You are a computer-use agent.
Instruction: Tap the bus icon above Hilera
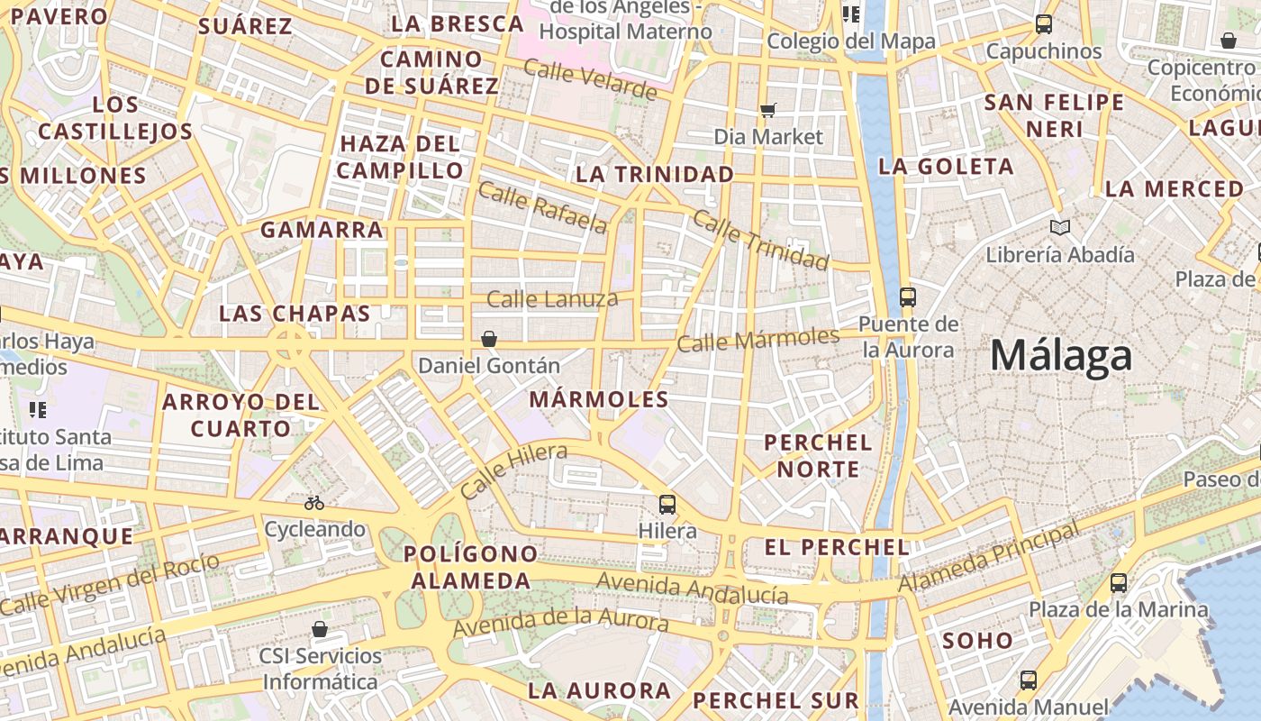point(667,505)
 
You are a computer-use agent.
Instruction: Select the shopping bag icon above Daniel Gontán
point(489,339)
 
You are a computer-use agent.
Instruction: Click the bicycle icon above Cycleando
point(314,503)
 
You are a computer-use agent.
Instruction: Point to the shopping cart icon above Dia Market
point(768,110)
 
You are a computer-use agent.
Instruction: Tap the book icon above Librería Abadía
point(1060,227)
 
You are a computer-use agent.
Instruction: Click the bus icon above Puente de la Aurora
point(908,297)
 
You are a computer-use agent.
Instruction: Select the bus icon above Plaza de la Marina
point(1119,582)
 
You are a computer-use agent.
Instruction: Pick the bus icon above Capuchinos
point(1044,24)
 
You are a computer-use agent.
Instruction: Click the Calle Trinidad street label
point(760,241)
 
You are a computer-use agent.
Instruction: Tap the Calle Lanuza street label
point(552,298)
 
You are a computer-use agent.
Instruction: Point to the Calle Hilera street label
point(513,470)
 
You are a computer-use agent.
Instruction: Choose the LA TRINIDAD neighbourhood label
point(655,174)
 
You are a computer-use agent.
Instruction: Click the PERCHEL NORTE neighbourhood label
point(819,455)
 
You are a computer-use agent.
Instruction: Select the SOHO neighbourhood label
point(977,641)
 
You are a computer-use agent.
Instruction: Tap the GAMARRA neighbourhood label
point(322,230)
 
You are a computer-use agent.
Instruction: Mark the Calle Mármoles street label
point(758,340)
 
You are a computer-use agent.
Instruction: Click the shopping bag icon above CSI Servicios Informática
point(320,628)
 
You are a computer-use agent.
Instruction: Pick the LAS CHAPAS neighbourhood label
point(295,314)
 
